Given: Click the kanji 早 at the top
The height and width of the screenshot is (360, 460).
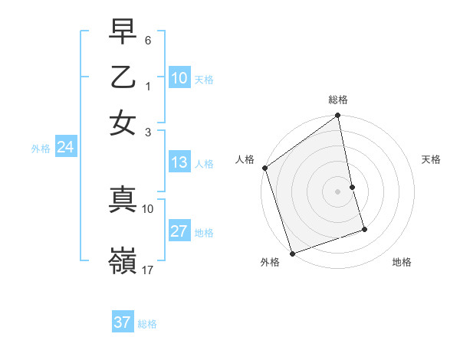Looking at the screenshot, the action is (123, 32).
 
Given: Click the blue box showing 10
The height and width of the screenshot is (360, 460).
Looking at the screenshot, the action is (179, 78).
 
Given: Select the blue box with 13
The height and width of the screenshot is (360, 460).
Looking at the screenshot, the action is (179, 162).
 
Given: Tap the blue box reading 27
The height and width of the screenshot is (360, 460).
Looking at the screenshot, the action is (179, 231).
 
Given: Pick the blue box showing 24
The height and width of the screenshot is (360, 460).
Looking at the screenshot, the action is (65, 148).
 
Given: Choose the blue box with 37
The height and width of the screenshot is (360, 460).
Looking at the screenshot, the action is (123, 322).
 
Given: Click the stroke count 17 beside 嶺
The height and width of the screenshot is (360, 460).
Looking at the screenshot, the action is (148, 270).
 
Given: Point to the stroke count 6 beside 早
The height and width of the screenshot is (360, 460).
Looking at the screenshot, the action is (148, 39).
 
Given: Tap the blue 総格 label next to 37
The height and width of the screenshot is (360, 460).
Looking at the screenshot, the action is (147, 324).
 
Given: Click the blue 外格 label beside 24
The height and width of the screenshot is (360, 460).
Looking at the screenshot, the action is (40, 149).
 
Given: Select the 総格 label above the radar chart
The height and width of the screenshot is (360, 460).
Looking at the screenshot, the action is (338, 100).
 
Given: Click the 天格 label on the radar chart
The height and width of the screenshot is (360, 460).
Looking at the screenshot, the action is (431, 159).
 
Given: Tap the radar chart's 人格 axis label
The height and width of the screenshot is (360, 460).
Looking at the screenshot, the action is (245, 159).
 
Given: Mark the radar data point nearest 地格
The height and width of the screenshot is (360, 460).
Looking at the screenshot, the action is (364, 230).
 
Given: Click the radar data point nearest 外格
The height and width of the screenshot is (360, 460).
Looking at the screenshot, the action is (292, 253).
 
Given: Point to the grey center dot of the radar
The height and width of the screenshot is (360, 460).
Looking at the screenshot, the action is (338, 191).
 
